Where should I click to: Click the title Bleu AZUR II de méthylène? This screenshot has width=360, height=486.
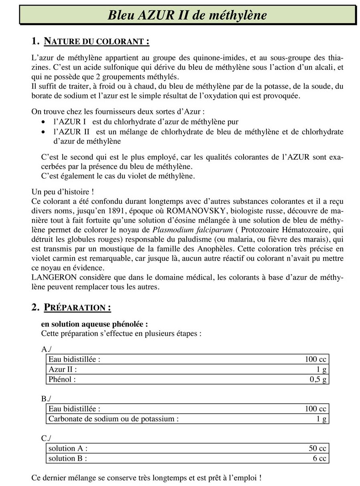tap(187, 15)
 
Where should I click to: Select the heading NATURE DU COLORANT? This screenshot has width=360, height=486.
tap(96, 41)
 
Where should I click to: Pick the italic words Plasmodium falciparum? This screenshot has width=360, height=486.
tap(184, 230)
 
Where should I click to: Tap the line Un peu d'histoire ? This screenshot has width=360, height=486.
tap(63, 191)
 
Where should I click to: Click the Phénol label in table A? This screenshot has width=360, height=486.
tap(62, 379)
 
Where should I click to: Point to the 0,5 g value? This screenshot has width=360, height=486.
tap(318, 379)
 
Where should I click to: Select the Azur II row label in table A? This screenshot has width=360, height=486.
tap(62, 369)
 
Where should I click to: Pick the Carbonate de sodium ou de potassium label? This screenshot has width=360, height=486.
tap(113, 419)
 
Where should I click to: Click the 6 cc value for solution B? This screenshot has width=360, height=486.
tap(319, 458)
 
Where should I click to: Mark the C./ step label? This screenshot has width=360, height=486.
tap(46, 438)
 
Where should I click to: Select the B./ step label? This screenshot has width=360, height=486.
tap(46, 399)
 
